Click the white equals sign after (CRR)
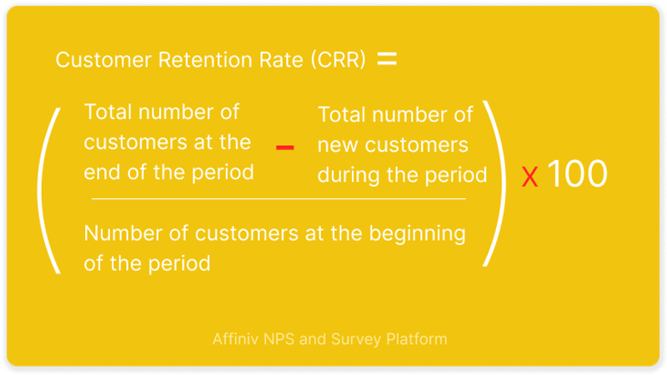coord(387,58)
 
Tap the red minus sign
coord(284,147)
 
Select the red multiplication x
coord(529,177)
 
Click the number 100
coord(576,173)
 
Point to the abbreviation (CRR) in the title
coord(339,59)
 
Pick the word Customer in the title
coord(103,59)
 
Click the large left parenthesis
coord(48,191)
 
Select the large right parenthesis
coord(495,183)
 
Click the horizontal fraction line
coord(278,198)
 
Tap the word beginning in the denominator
coord(417,234)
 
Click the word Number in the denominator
coord(123,233)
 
